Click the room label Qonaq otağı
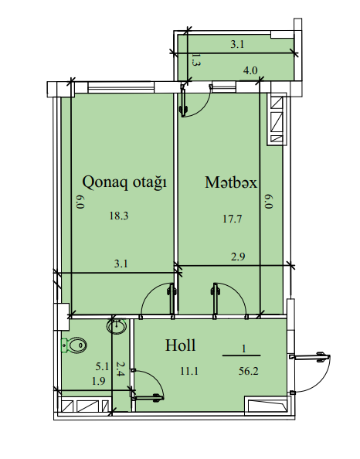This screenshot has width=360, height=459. tap(124, 182)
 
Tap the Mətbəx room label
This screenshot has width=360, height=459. tap(231, 182)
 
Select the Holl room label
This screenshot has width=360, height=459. tap(180, 345)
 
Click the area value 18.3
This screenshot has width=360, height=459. tap(119, 216)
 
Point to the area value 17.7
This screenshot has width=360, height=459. tap(232, 219)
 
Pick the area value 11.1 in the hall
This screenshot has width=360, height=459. tap(189, 371)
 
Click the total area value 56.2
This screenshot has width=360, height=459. tap(249, 371)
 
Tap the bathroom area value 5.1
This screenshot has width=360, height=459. tap(102, 366)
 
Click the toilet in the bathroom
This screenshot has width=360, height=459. tap(73, 345)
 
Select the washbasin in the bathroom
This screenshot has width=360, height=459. tap(117, 326)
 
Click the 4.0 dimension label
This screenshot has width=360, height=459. tap(250, 70)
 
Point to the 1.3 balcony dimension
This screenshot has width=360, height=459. tap(195, 59)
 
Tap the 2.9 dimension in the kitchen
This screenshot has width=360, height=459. tap(238, 257)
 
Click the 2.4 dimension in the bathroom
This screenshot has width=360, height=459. tap(121, 369)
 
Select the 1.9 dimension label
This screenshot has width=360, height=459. tap(99, 381)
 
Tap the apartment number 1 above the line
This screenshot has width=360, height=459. tap(243, 348)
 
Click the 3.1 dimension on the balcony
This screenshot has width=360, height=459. tap(237, 45)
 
